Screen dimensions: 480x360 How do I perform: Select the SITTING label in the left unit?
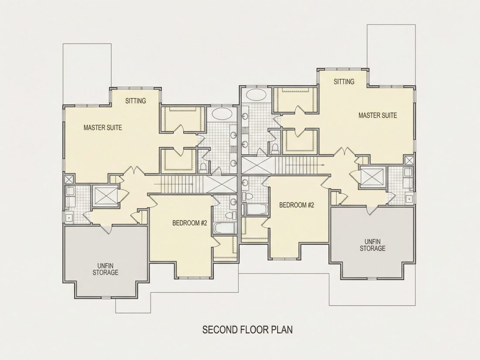[x=136, y=101]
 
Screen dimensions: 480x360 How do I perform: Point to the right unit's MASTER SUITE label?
[x=378, y=115]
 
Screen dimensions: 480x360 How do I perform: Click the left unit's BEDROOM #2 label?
[x=190, y=223]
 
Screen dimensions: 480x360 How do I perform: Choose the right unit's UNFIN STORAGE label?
[x=372, y=245]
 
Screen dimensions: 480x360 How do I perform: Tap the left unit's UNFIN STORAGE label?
[x=105, y=269]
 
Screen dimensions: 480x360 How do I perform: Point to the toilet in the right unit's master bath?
[x=275, y=148]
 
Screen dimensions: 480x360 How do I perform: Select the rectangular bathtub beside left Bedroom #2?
[x=224, y=228]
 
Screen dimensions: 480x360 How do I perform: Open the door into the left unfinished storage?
[x=106, y=228]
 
